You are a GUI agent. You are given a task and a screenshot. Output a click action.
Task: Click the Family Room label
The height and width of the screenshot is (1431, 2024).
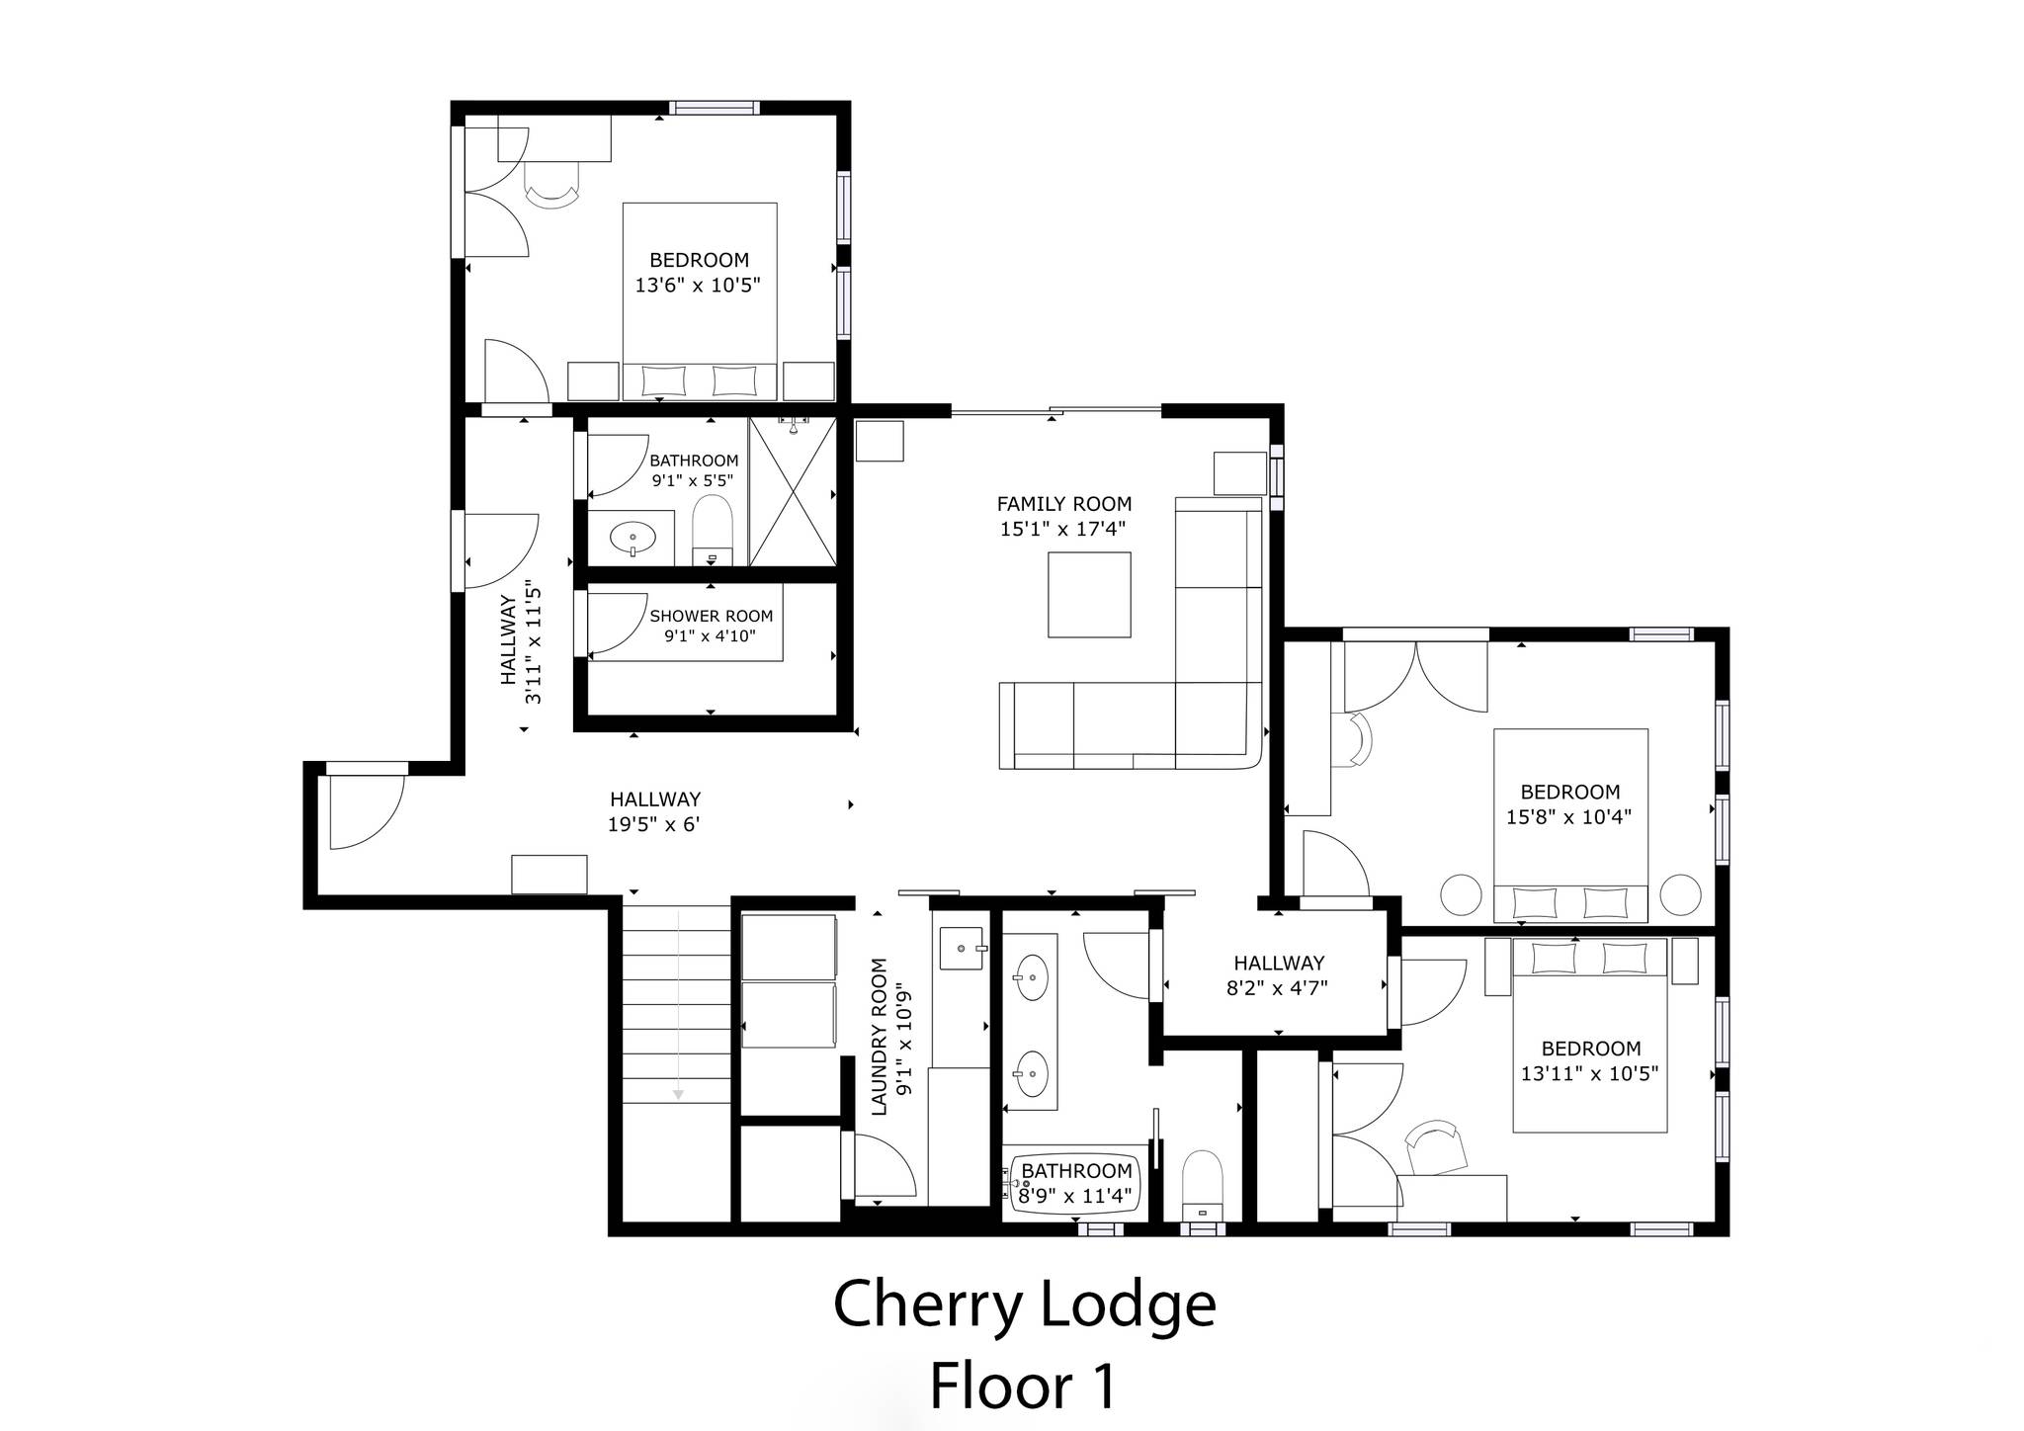point(1063,504)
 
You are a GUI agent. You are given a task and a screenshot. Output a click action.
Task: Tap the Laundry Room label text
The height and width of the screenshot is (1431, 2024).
point(880,1037)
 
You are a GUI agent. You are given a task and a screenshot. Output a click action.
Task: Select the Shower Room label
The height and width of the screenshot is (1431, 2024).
point(711,616)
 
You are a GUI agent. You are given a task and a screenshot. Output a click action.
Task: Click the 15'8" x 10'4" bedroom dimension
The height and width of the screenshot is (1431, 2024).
point(1568,817)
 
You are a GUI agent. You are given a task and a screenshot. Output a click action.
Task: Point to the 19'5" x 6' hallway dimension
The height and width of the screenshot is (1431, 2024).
point(654,824)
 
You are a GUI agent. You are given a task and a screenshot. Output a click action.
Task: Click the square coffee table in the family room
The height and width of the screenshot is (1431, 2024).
point(1089,594)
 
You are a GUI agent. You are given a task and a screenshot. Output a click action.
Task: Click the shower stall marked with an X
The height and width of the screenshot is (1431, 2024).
point(793,491)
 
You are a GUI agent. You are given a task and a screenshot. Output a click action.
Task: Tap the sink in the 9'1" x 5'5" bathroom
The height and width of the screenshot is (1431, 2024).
point(632,540)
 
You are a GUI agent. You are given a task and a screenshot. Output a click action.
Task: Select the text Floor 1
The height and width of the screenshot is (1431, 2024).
point(1023,1386)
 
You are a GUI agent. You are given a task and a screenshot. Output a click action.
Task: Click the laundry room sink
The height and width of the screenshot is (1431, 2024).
point(962,949)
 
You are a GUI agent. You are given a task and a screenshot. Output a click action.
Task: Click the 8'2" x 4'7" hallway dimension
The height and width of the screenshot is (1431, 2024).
point(1277,986)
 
